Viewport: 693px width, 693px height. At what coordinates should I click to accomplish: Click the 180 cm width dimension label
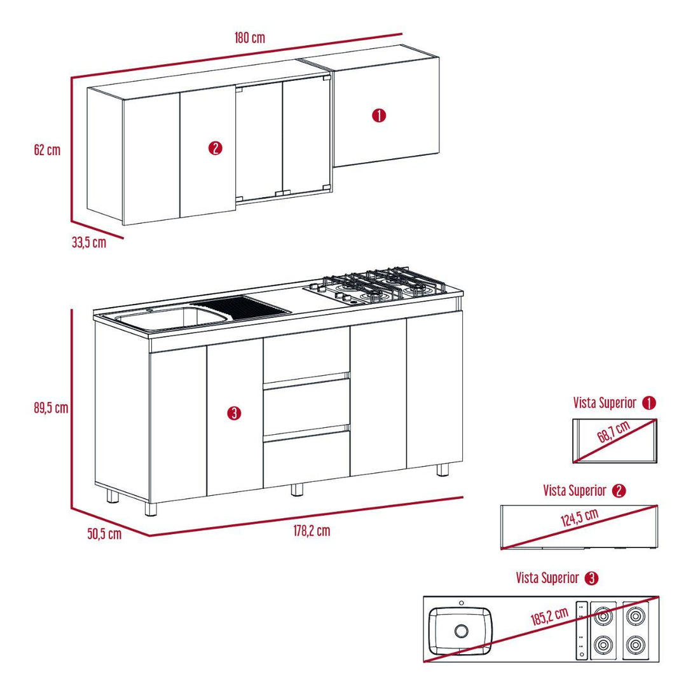tap(249, 38)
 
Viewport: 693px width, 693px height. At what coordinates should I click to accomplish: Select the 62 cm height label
tap(48, 150)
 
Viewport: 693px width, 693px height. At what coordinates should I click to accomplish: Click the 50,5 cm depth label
tap(104, 534)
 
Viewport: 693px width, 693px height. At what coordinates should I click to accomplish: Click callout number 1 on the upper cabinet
tap(379, 116)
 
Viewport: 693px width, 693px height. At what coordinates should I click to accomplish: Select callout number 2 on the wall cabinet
tap(215, 149)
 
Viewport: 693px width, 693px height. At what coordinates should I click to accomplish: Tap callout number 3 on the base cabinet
tap(233, 414)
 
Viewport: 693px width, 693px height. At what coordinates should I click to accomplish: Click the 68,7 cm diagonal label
tap(614, 436)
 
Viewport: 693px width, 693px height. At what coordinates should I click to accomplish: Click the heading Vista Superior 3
tap(556, 578)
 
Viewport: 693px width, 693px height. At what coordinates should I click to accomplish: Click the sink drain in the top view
tap(461, 631)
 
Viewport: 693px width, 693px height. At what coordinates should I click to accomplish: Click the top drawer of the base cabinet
tap(306, 357)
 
